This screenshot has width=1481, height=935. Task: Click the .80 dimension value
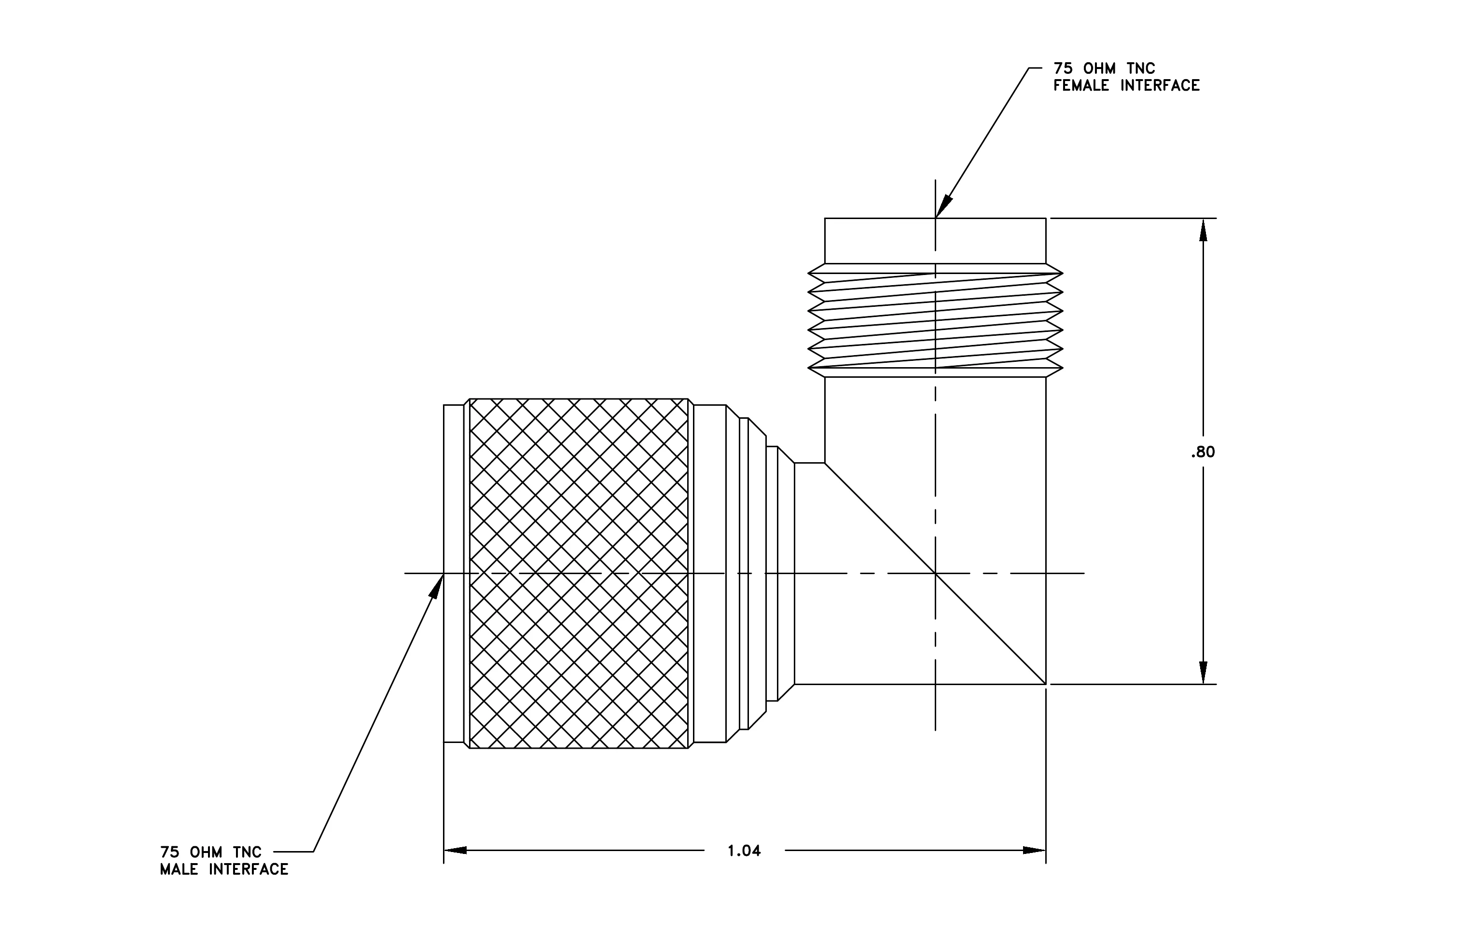(1203, 453)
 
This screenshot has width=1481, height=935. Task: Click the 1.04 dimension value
(744, 851)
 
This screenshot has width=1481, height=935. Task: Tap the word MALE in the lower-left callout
(179, 869)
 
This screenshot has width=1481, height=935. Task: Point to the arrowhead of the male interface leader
(436, 586)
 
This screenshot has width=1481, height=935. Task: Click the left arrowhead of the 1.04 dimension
(455, 850)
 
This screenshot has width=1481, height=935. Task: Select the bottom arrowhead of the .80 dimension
(1203, 673)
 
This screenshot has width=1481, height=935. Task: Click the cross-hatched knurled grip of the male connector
(579, 574)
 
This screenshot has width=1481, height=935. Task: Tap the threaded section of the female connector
(935, 320)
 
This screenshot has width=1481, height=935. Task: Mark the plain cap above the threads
(935, 241)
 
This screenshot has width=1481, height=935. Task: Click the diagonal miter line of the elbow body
(935, 574)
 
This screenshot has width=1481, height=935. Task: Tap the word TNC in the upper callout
(1142, 68)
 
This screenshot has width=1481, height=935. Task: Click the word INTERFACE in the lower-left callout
(249, 869)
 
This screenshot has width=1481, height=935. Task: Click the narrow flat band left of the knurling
(454, 574)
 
